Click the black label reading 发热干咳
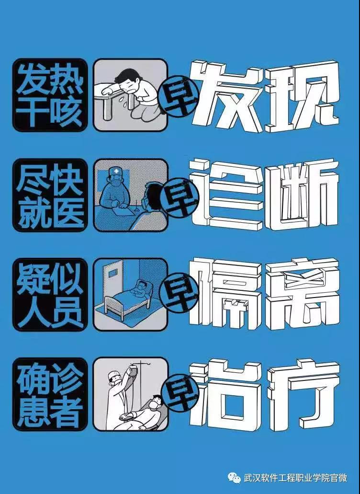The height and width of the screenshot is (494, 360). pyautogui.click(x=50, y=95)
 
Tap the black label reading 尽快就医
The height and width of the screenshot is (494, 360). pyautogui.click(x=50, y=195)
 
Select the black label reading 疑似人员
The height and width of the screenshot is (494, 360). pyautogui.click(x=50, y=294)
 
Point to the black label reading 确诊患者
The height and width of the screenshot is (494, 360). pyautogui.click(x=50, y=394)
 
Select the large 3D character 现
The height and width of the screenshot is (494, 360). pyautogui.click(x=302, y=96)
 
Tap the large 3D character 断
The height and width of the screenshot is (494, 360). pyautogui.click(x=302, y=195)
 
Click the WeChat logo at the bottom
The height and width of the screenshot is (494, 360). pyautogui.click(x=235, y=478)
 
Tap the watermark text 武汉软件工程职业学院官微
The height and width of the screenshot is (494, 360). pyautogui.click(x=295, y=478)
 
